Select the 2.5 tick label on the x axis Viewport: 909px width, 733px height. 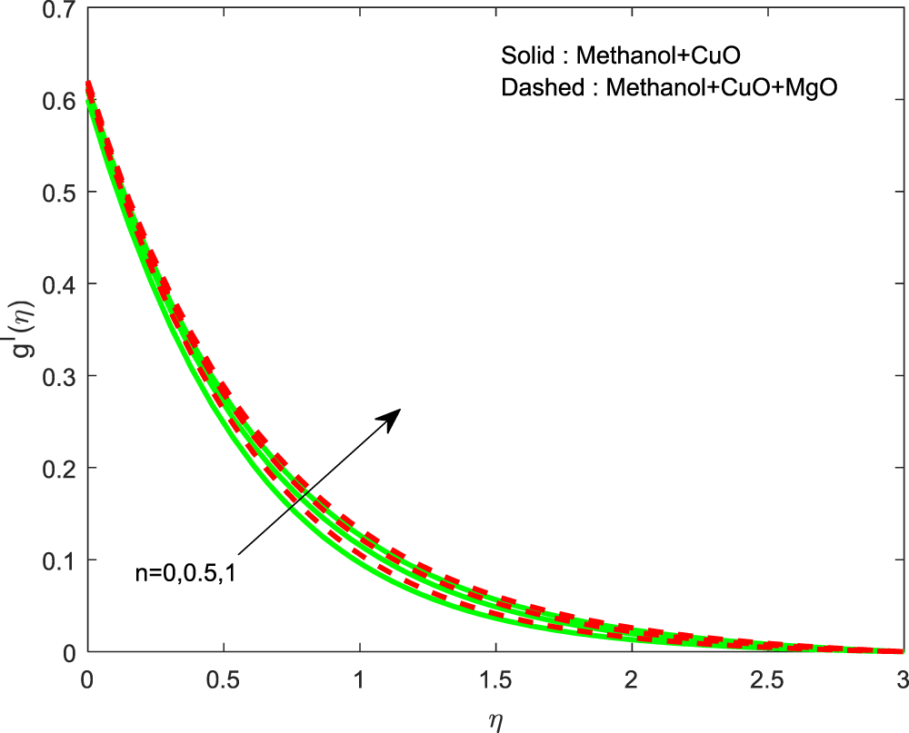765,679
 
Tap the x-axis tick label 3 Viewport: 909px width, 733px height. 902,679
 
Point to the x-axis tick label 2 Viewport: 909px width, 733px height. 630,679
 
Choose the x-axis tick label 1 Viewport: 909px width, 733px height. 359,679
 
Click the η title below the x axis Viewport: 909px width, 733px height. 495,719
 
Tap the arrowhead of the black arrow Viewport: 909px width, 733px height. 393,415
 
